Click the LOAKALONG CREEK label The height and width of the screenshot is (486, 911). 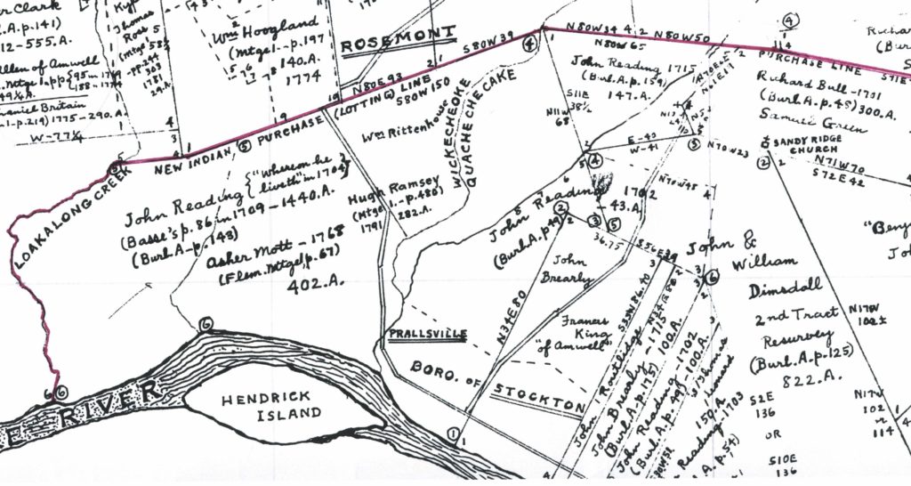pyautogui.click(x=67, y=210)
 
